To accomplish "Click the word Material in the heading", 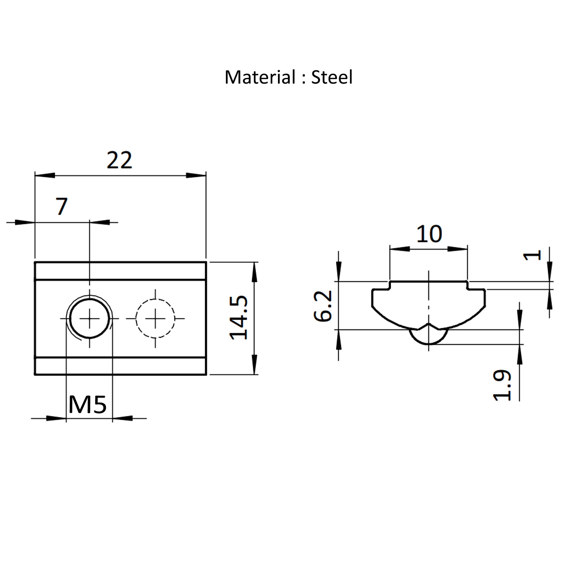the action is click(260, 77).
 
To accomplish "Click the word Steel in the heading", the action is click(332, 77).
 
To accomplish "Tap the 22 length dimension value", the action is click(119, 160).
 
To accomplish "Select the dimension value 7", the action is click(62, 206).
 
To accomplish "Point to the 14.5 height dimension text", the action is click(239, 318).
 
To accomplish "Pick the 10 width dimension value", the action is click(429, 234).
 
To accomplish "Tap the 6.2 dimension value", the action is click(323, 306).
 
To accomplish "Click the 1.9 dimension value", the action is click(502, 385).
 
